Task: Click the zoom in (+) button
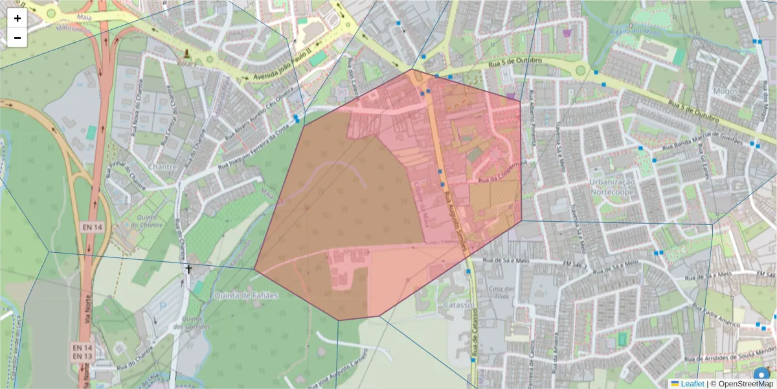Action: [17, 18]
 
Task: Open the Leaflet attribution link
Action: [692, 384]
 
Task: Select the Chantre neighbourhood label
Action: [163, 167]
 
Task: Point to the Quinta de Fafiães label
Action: [245, 296]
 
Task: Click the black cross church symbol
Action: [189, 268]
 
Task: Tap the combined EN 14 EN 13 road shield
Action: [82, 352]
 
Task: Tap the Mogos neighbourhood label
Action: [725, 91]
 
